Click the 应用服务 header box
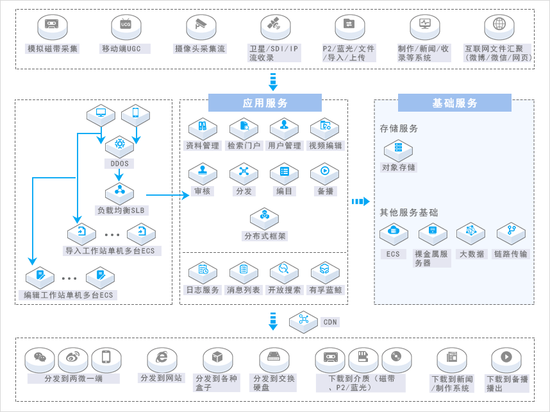tap(265, 103)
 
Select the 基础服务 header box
tap(454, 103)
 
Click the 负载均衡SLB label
tap(121, 210)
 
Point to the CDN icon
tap(304, 320)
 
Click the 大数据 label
tap(472, 254)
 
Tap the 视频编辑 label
tap(325, 146)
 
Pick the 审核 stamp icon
tap(203, 173)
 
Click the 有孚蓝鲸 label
tap(325, 290)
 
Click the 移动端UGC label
tap(125, 49)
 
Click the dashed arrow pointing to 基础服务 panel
tap(361, 202)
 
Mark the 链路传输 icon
tap(511, 232)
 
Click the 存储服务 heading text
tap(399, 128)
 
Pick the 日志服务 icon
tap(203, 271)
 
